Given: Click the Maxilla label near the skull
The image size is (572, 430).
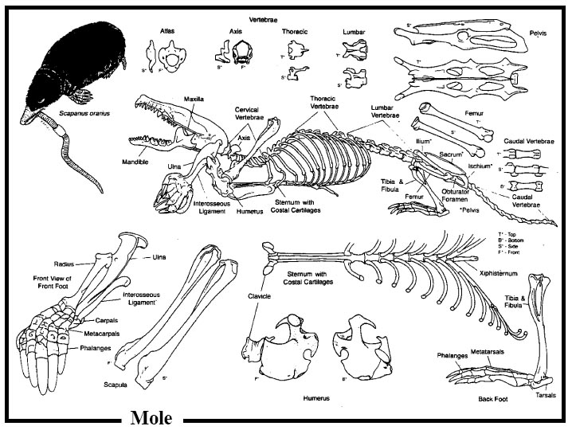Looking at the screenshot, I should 195,99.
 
